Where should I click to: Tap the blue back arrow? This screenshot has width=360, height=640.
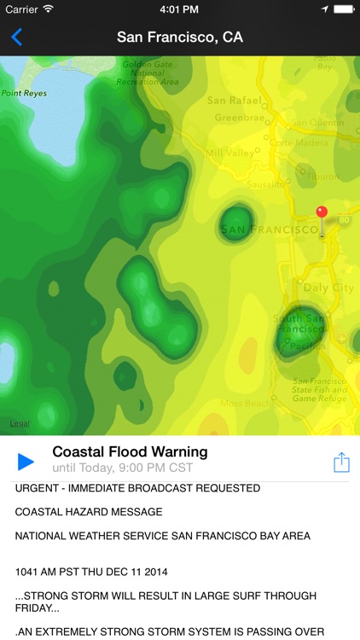16,37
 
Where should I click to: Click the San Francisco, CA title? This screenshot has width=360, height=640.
179,37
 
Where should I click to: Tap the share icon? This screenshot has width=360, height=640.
341,462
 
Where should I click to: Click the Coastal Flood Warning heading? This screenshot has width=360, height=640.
130,451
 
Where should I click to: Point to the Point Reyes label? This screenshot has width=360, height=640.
23,93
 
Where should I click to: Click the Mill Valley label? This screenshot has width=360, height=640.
224,153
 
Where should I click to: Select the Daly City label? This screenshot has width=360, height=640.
328,288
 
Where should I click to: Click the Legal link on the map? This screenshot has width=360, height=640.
19,424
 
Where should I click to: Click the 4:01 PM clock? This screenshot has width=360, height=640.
179,9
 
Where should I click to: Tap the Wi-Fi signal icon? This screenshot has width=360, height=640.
48,9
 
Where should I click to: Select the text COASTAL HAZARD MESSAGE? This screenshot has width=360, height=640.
88,512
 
